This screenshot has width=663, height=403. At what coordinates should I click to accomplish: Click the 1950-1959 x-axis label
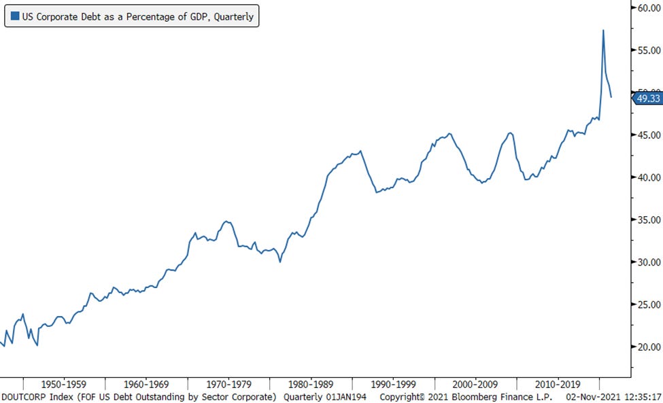tap(64, 383)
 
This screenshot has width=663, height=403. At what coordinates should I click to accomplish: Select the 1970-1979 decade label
tap(228, 383)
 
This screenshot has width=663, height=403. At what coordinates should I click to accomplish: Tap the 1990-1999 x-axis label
tap(393, 383)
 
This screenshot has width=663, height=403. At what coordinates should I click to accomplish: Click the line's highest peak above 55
tap(603, 31)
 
